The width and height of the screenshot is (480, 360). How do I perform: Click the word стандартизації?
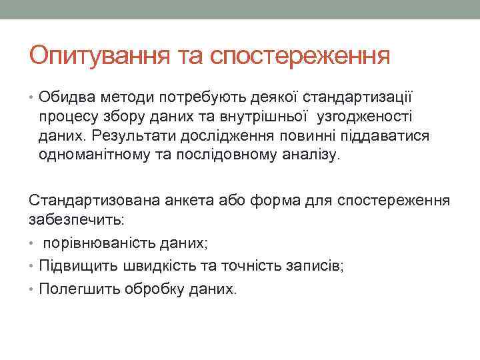click(x=357, y=98)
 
